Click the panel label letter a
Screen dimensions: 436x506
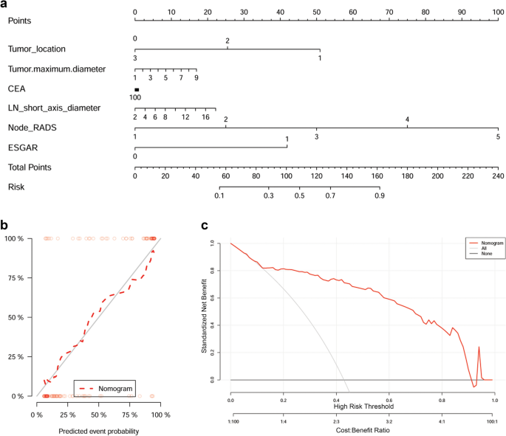4,4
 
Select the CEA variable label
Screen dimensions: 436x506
17,89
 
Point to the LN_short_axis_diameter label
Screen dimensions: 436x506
53,108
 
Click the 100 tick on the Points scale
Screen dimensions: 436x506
498,13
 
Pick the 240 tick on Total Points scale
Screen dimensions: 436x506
498,177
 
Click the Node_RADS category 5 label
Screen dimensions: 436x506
498,137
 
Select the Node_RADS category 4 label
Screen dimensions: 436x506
407,120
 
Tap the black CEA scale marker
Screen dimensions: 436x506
137,89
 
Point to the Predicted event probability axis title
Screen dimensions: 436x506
97,430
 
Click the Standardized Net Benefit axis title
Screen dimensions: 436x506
214,311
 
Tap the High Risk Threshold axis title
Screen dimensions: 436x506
363,406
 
